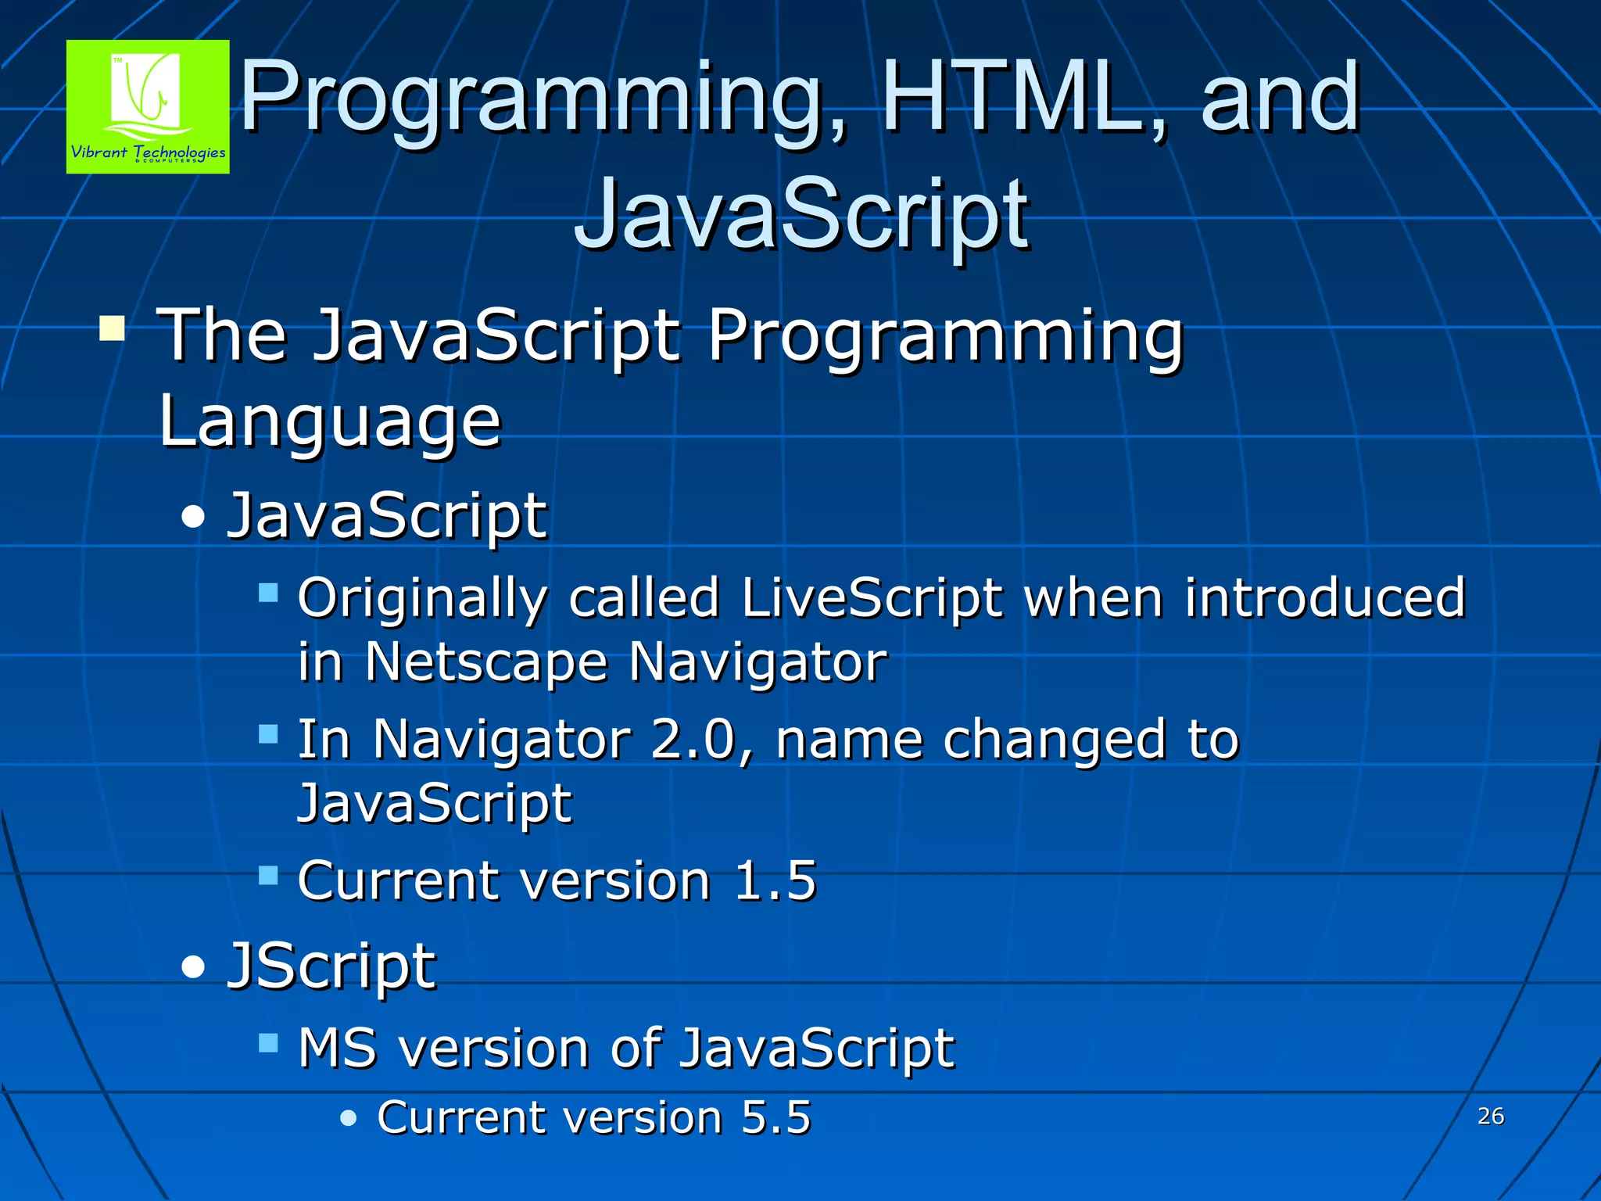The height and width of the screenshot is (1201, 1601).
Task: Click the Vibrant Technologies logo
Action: pos(148,106)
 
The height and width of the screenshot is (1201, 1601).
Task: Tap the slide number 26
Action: pos(1491,1116)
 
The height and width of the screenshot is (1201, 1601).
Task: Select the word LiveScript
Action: pos(872,598)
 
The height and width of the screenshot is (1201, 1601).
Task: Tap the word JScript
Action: pos(331,966)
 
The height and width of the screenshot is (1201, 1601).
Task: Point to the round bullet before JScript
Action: pos(192,968)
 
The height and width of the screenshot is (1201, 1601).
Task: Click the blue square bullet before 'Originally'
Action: pos(268,592)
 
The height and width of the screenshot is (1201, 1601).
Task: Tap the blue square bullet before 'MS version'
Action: pos(268,1042)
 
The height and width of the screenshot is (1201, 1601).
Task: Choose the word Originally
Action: pos(422,598)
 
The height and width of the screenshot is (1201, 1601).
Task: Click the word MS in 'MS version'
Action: pos(338,1048)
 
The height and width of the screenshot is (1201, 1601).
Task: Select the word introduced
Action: pos(1324,598)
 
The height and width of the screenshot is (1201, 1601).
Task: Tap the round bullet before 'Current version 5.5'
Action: pos(349,1118)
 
